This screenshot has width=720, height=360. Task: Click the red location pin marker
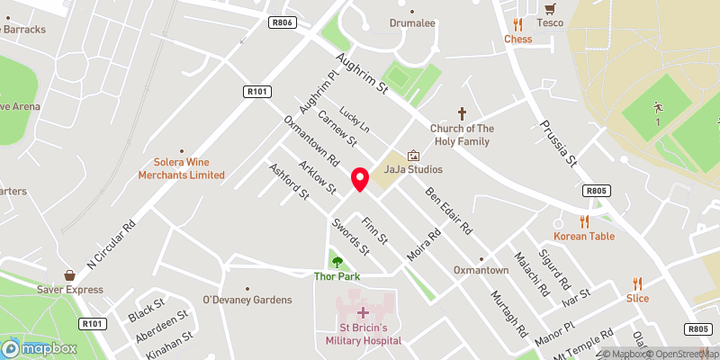tap(360, 179)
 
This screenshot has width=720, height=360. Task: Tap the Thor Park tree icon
tap(337, 262)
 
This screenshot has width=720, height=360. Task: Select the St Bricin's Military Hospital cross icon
tap(364, 312)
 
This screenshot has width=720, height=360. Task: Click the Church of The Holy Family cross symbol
tap(463, 113)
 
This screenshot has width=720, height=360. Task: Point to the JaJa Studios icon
tap(413, 156)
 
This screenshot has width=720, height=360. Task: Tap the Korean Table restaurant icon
tap(584, 220)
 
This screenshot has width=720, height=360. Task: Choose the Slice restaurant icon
tap(638, 283)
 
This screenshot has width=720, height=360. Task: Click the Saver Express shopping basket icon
tap(69, 274)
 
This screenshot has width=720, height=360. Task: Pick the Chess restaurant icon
tap(517, 24)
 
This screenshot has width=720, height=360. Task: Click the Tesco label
tap(550, 22)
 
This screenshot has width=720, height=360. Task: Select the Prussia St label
tap(557, 143)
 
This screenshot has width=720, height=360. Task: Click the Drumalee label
tap(412, 22)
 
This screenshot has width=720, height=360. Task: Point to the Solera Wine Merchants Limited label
tap(181, 168)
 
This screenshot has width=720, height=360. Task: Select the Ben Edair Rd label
tap(449, 211)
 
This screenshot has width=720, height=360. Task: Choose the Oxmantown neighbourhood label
tap(480, 270)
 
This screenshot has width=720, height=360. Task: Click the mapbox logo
tap(40, 348)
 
